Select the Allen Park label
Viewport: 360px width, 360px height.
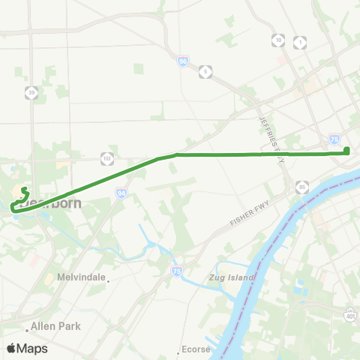pyautogui.click(x=55, y=327)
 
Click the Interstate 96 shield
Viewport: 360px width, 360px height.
pyautogui.click(x=183, y=61)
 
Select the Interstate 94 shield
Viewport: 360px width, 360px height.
pyautogui.click(x=121, y=193)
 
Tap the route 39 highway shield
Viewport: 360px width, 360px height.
pyautogui.click(x=31, y=92)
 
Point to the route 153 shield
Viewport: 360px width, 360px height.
pyautogui.click(x=107, y=157)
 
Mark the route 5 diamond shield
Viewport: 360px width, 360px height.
pyautogui.click(x=205, y=71)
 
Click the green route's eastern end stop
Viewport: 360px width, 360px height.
pyautogui.click(x=347, y=151)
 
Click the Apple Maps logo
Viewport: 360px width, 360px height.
pyautogui.click(x=27, y=348)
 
